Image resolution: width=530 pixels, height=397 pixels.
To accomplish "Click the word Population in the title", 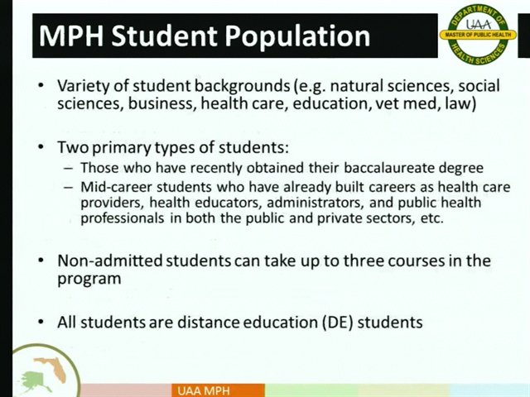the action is [297, 36].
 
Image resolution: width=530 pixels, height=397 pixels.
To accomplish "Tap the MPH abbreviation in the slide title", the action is [71, 36].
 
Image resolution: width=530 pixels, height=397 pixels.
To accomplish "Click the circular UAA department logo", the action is [478, 34].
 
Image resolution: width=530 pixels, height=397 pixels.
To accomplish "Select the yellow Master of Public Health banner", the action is [478, 35].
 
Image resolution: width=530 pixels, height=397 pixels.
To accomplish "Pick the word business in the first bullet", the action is [160, 103].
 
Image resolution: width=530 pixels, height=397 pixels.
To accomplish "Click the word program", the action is [89, 280].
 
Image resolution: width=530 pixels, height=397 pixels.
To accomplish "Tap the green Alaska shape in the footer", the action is [35, 382].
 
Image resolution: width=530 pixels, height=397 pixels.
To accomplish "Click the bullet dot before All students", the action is [41, 322].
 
